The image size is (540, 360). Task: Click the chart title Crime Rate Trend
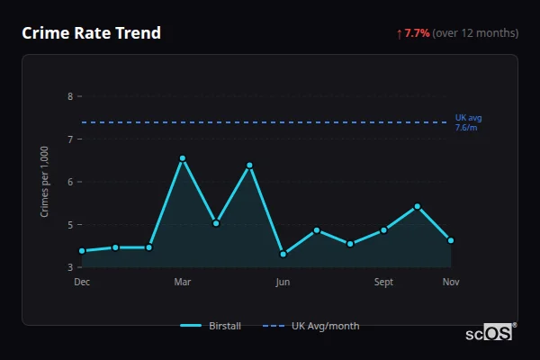click(x=91, y=33)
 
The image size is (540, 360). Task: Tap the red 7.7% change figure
click(x=418, y=33)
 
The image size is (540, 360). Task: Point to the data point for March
click(x=183, y=158)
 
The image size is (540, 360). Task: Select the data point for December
click(x=82, y=251)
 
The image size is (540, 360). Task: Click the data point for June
click(x=283, y=254)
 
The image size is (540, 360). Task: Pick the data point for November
click(x=451, y=240)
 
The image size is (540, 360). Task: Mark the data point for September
click(x=383, y=229)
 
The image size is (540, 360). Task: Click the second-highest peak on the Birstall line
click(x=249, y=166)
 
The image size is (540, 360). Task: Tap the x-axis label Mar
click(x=183, y=283)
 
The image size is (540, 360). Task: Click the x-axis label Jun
click(x=283, y=283)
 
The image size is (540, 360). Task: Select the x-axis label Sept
click(x=383, y=283)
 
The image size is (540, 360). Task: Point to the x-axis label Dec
click(x=82, y=283)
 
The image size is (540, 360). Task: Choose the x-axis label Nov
click(x=451, y=283)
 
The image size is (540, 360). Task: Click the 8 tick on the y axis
click(x=70, y=96)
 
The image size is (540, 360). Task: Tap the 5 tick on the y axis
click(x=70, y=225)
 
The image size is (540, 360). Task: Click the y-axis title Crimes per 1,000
click(x=45, y=183)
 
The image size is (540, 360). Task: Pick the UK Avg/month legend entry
click(x=310, y=326)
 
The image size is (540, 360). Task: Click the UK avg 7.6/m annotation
click(x=468, y=123)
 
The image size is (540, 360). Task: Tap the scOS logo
click(x=490, y=332)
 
